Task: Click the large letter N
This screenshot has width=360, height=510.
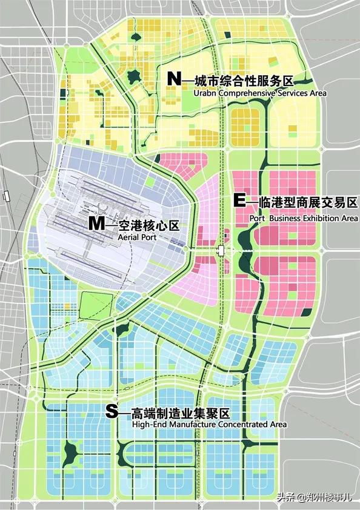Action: (174, 79)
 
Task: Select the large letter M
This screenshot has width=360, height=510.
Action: (96, 224)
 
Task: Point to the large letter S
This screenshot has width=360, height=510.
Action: (111, 412)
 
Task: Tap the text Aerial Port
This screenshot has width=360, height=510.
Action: (135, 239)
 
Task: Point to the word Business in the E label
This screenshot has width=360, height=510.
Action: (277, 217)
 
